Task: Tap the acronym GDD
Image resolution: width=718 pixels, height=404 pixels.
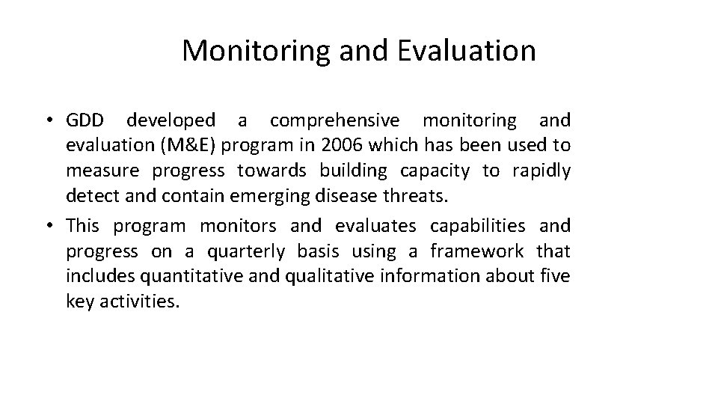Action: click(x=88, y=120)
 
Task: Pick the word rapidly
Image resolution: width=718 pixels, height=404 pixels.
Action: click(x=541, y=171)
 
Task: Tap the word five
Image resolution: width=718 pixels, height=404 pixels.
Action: click(x=555, y=276)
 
